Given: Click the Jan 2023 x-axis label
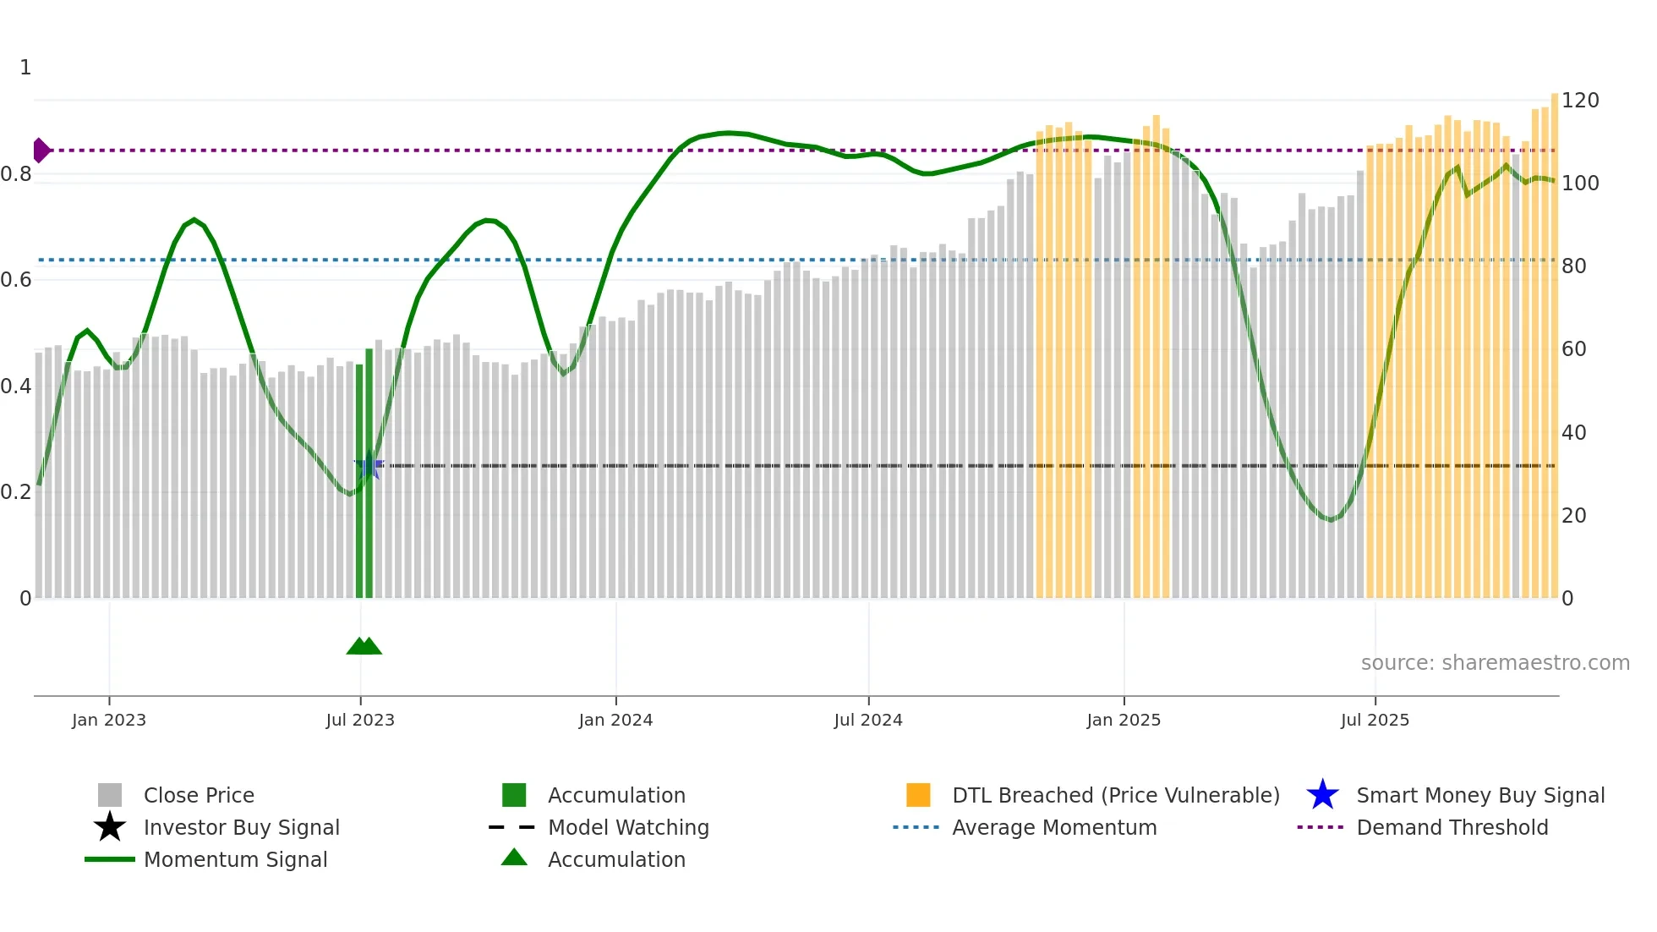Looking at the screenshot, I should click(109, 720).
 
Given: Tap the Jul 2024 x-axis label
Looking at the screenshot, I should click(868, 720).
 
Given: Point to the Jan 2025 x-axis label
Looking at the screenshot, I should click(1124, 720).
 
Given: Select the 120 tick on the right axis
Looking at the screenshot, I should click(1579, 101).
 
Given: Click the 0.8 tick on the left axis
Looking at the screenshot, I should click(16, 174).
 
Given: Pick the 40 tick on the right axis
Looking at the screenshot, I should click(1573, 433).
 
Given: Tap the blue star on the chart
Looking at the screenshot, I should click(369, 466).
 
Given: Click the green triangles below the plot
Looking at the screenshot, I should click(364, 646).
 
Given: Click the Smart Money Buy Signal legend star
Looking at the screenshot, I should click(1322, 795).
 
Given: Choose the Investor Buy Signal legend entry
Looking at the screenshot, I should click(241, 827).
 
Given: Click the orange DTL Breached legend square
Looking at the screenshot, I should click(918, 795).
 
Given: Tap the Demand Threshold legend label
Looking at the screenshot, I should click(1452, 827).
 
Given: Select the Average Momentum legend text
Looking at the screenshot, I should click(1054, 827).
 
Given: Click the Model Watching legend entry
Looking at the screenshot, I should click(627, 827).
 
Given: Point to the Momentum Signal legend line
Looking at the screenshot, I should click(110, 859).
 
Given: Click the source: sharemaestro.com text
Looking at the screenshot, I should click(1495, 663).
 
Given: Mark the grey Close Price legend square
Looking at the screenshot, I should click(110, 795).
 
